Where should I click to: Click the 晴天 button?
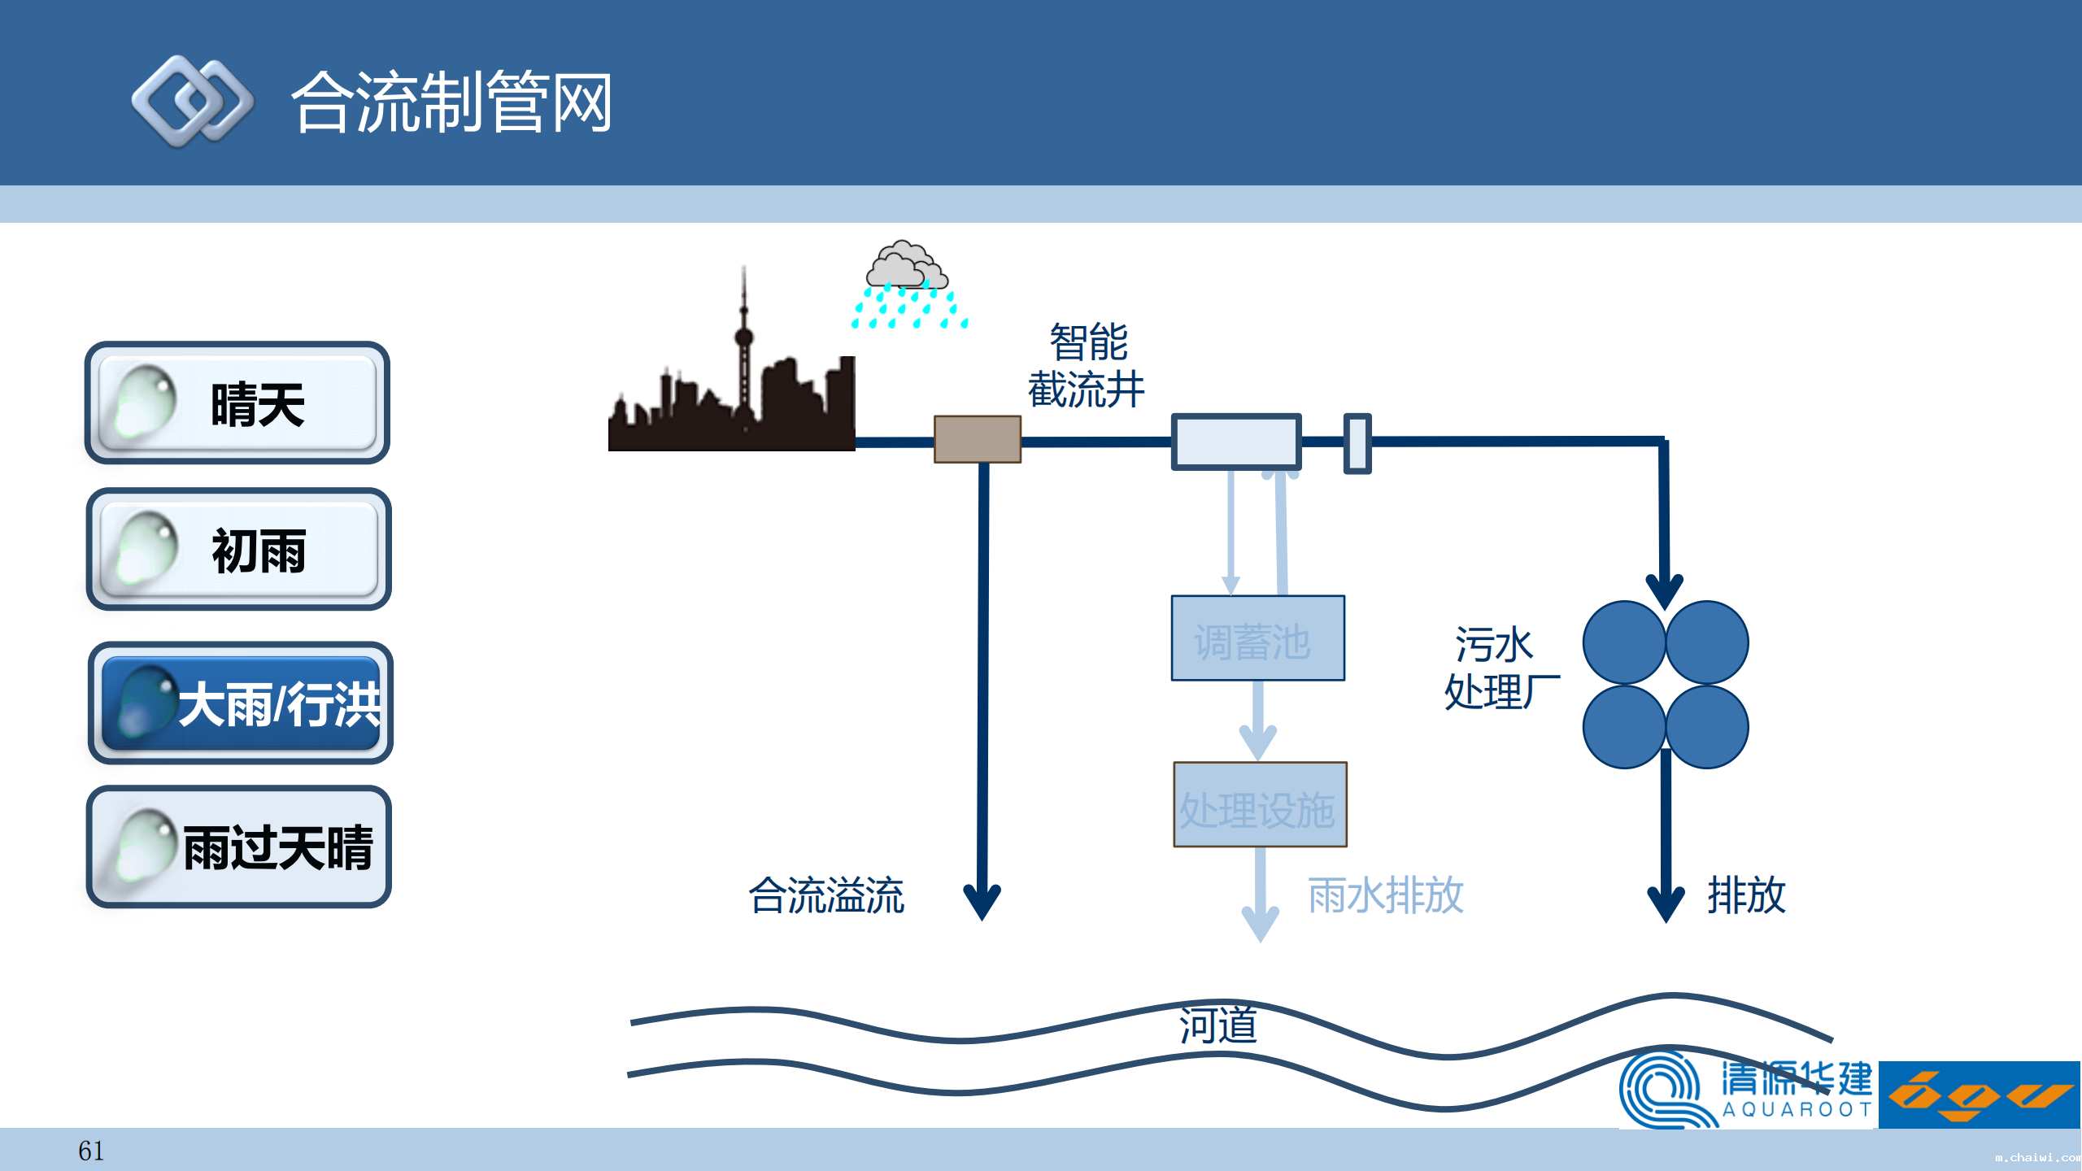[x=237, y=403]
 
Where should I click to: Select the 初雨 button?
[x=238, y=550]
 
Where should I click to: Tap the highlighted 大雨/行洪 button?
[x=240, y=703]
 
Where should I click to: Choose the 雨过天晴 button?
[x=238, y=847]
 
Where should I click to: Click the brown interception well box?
[x=977, y=439]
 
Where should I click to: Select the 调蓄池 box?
[x=1257, y=638]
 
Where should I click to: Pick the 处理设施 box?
[x=1260, y=805]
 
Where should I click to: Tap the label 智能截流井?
[x=1087, y=366]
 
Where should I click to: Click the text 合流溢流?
[x=826, y=895]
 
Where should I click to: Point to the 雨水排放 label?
[x=1385, y=895]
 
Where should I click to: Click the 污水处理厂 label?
[x=1501, y=668]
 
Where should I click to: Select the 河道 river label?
[x=1217, y=1025]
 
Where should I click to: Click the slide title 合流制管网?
[x=451, y=102]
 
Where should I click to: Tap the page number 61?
[x=90, y=1151]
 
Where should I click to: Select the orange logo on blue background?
[x=1979, y=1095]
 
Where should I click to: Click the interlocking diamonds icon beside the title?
[x=193, y=102]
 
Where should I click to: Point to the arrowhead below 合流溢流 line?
[x=982, y=903]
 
